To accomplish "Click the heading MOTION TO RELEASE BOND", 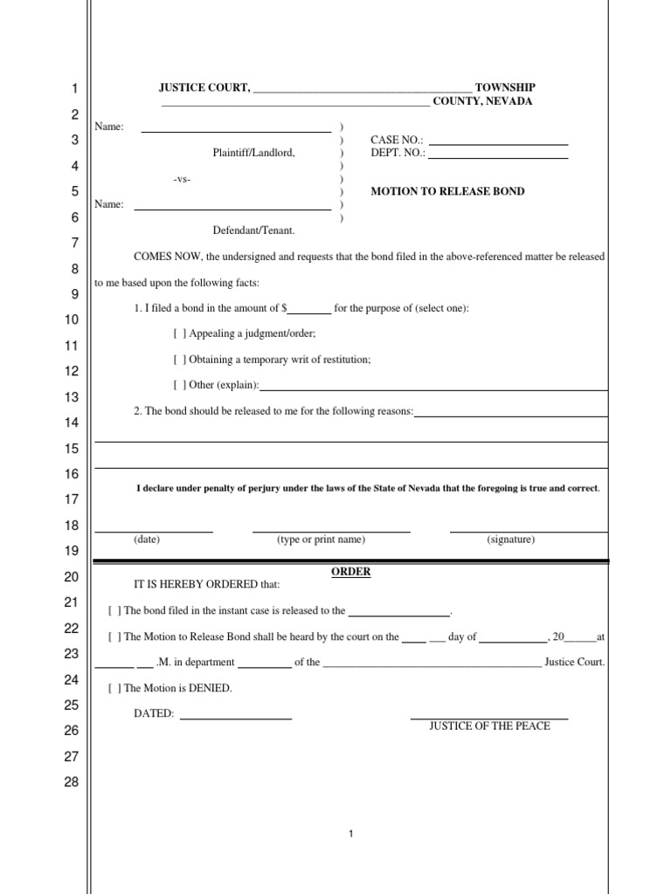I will point(447,191).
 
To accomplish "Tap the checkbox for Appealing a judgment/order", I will point(179,334).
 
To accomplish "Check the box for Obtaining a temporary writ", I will point(179,360).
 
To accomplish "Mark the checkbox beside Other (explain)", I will point(179,385).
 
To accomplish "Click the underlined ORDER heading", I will point(350,572).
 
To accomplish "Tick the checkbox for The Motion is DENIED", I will point(114,688).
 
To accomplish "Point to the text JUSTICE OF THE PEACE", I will point(489,726).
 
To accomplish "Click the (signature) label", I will point(511,540).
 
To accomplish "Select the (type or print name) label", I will point(321,540).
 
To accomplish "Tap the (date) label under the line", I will point(147,540).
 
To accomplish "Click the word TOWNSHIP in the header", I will point(505,88).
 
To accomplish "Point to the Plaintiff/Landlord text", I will point(253,153).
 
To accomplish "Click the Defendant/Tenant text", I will point(253,230).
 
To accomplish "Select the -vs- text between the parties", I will point(182,179).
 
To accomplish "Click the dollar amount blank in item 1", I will point(309,309).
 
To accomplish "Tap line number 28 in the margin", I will point(72,782).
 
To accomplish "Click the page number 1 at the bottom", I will point(350,835).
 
